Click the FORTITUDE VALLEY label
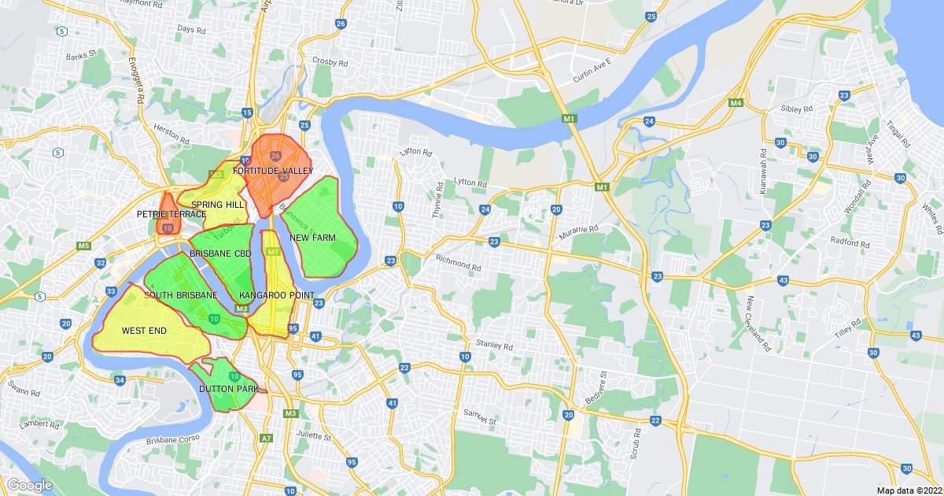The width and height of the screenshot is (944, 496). pyautogui.click(x=273, y=171)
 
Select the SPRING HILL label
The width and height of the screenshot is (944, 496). pyautogui.click(x=217, y=205)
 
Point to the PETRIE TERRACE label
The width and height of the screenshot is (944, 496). pyautogui.click(x=171, y=214)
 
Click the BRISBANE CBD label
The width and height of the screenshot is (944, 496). pyautogui.click(x=220, y=254)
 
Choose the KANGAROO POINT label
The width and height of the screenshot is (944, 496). pyautogui.click(x=277, y=295)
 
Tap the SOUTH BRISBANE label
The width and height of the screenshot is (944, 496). pyautogui.click(x=181, y=295)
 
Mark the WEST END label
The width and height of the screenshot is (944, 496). pyautogui.click(x=144, y=331)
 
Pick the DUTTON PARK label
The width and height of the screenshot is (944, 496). pyautogui.click(x=229, y=389)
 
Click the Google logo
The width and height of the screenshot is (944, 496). pyautogui.click(x=30, y=485)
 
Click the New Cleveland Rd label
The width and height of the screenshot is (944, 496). pyautogui.click(x=758, y=323)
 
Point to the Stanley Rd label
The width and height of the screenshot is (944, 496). pyautogui.click(x=494, y=345)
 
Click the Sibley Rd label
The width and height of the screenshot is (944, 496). pyautogui.click(x=796, y=109)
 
